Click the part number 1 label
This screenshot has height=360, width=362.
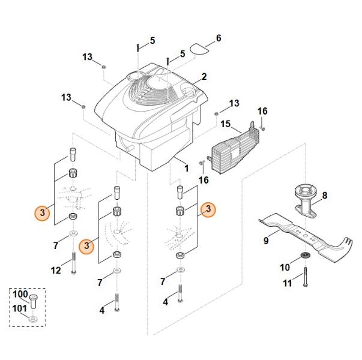pyautogui.click(x=186, y=168)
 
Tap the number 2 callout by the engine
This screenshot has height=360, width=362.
pyautogui.click(x=204, y=77)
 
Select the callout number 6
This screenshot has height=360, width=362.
pyautogui.click(x=218, y=38)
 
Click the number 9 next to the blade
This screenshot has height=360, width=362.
pyautogui.click(x=266, y=241)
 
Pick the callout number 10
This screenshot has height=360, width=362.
pyautogui.click(x=285, y=266)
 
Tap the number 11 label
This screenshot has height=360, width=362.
pyautogui.click(x=287, y=283)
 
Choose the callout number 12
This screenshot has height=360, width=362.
pyautogui.click(x=56, y=271)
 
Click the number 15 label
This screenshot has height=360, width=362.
pyautogui.click(x=226, y=124)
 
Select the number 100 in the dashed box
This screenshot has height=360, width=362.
pyautogui.click(x=20, y=295)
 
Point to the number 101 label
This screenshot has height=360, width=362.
pyautogui.click(x=20, y=310)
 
